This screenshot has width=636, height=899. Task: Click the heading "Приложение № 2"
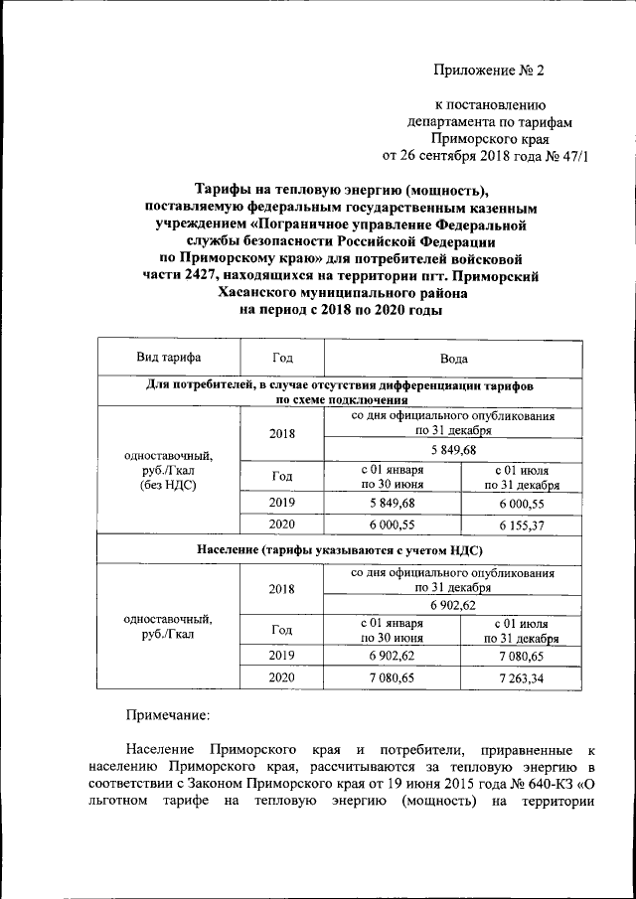coord(490,70)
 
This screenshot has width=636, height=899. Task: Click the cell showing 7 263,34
coord(521,680)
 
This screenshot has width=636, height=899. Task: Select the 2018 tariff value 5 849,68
coord(454,452)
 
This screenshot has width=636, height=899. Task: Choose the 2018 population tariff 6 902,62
coord(454,604)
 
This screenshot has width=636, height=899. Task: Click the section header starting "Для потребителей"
coord(339,390)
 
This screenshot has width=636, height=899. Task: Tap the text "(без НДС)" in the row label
coord(168,484)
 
